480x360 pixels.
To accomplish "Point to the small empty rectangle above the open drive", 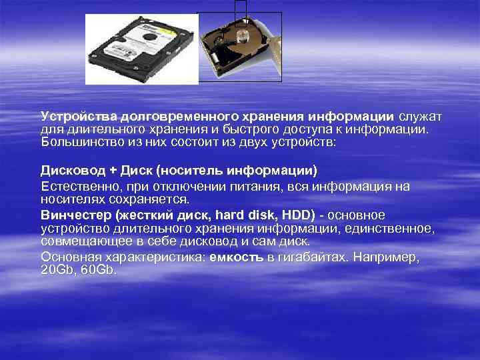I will tap(241, 8).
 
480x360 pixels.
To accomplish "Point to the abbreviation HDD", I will tap(298, 215).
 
